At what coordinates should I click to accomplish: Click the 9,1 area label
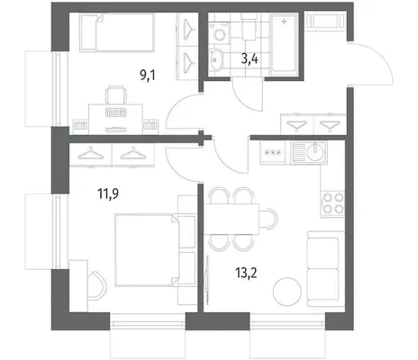pos(148,75)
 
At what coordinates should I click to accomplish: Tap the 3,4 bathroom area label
pos(250,59)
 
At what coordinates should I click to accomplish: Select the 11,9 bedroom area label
pos(108,193)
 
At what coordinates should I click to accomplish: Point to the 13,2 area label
pos(246,273)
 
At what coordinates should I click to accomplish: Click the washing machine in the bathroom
pos(220,32)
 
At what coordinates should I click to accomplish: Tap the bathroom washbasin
pos(215,59)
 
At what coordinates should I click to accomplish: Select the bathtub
pos(284,44)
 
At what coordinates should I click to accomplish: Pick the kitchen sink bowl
pos(315,152)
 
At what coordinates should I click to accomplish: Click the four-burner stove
pos(332,203)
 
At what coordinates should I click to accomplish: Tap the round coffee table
pos(287,292)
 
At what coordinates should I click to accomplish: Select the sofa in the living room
pos(325,268)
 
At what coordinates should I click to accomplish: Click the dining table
pos(232,219)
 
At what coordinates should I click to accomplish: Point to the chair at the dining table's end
pos(268,219)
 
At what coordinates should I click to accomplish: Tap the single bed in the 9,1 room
pos(117,32)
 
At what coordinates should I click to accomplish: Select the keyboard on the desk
pos(115,112)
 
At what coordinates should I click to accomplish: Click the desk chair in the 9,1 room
pos(116,94)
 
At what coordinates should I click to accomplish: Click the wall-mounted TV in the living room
pos(206,277)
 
